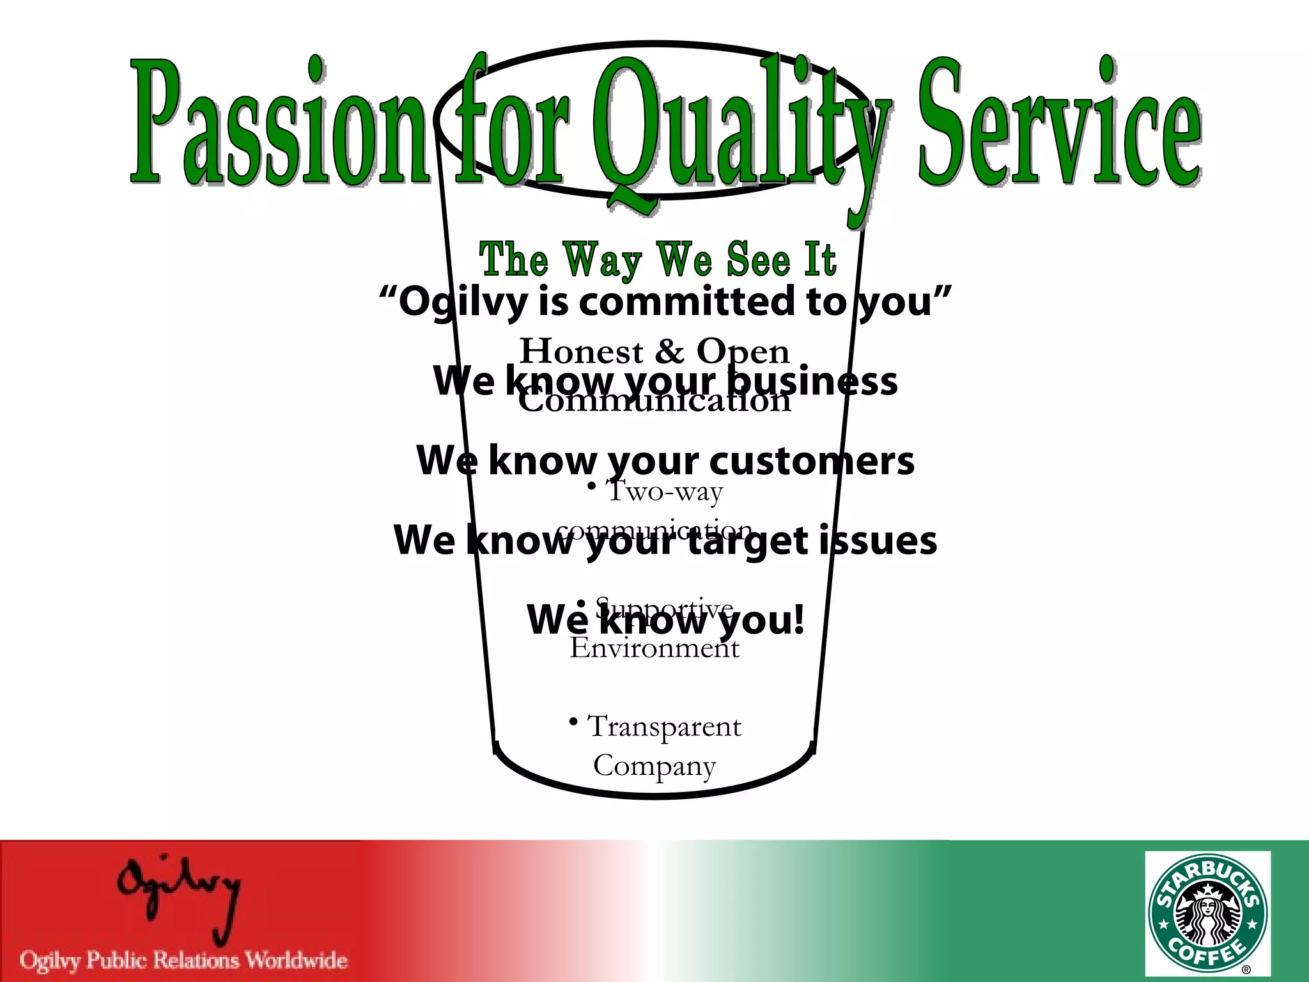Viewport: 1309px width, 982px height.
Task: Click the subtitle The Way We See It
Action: click(658, 260)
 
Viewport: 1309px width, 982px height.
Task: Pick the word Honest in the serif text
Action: click(582, 352)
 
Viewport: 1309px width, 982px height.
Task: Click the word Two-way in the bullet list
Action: click(665, 492)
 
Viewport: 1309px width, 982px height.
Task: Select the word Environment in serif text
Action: click(654, 648)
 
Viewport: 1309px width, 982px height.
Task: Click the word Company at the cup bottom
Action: click(654, 766)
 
